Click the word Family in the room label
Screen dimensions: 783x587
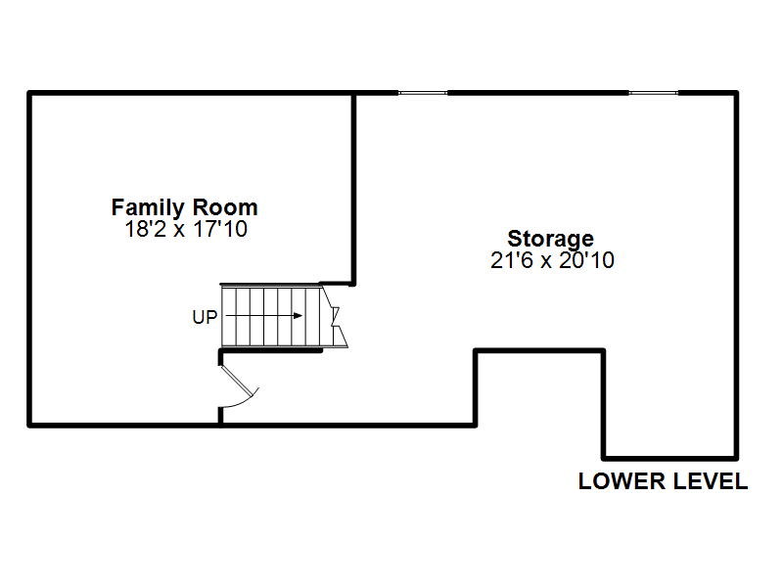point(148,207)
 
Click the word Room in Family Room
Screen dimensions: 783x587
point(225,207)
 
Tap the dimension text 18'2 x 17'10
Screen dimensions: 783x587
point(186,229)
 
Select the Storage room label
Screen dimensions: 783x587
point(551,239)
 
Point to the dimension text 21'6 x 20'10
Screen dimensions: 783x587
point(552,260)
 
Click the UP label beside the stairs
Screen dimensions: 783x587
point(205,317)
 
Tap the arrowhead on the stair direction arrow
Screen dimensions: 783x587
point(299,315)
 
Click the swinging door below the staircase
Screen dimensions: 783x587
point(240,386)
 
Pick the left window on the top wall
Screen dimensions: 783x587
point(423,93)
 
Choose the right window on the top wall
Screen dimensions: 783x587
point(653,93)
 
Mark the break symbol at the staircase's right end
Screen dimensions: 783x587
point(335,316)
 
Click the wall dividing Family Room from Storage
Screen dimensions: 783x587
point(353,189)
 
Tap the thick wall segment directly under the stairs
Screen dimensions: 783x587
point(271,351)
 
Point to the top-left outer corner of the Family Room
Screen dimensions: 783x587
point(27,91)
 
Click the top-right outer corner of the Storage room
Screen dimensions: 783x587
point(738,91)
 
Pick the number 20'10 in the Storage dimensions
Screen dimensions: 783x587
point(587,260)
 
